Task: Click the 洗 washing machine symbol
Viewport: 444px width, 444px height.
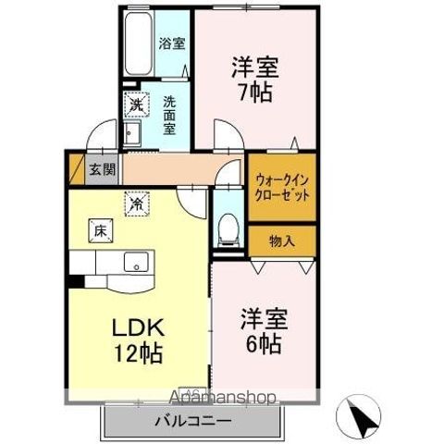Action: click(x=135, y=105)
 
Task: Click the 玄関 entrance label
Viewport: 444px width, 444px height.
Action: click(x=102, y=169)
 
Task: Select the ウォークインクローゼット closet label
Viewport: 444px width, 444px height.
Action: click(x=282, y=188)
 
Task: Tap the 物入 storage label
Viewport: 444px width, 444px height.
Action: click(x=281, y=241)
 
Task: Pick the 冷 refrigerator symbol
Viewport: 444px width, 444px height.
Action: click(x=135, y=198)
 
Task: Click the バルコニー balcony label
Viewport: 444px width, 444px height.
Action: click(x=192, y=421)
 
